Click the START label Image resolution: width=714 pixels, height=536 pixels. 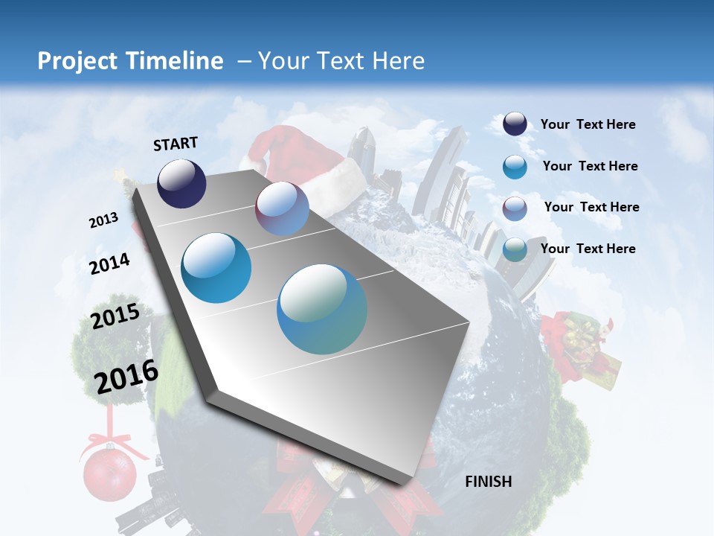(176, 144)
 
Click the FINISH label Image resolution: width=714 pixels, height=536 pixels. (488, 482)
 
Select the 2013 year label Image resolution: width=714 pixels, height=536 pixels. (103, 220)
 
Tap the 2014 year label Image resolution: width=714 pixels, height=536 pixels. (109, 264)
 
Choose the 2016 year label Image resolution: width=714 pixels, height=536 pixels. (126, 376)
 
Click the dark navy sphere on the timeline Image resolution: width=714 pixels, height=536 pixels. (181, 183)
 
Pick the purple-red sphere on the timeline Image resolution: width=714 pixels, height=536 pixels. (282, 208)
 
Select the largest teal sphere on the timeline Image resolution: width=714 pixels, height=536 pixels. (322, 309)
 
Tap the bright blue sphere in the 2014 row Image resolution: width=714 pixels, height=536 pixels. (216, 268)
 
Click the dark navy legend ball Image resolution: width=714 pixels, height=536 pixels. (515, 124)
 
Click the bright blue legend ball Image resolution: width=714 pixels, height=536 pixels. (515, 167)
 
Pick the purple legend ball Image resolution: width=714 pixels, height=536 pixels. (515, 208)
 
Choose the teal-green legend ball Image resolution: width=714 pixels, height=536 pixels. (515, 249)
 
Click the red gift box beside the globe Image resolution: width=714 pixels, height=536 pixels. (584, 350)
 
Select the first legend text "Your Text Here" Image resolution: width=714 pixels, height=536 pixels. (588, 124)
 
